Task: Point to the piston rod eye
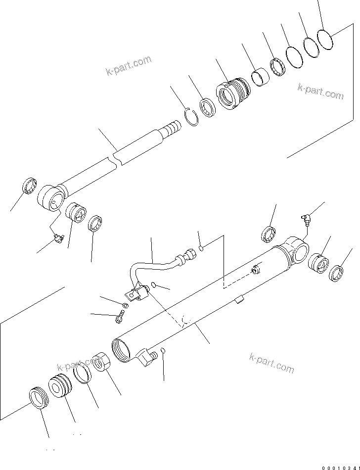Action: pos(51,197)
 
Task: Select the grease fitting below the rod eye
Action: pos(58,239)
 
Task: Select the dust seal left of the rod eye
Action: pos(29,186)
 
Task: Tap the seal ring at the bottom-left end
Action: pos(39,397)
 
